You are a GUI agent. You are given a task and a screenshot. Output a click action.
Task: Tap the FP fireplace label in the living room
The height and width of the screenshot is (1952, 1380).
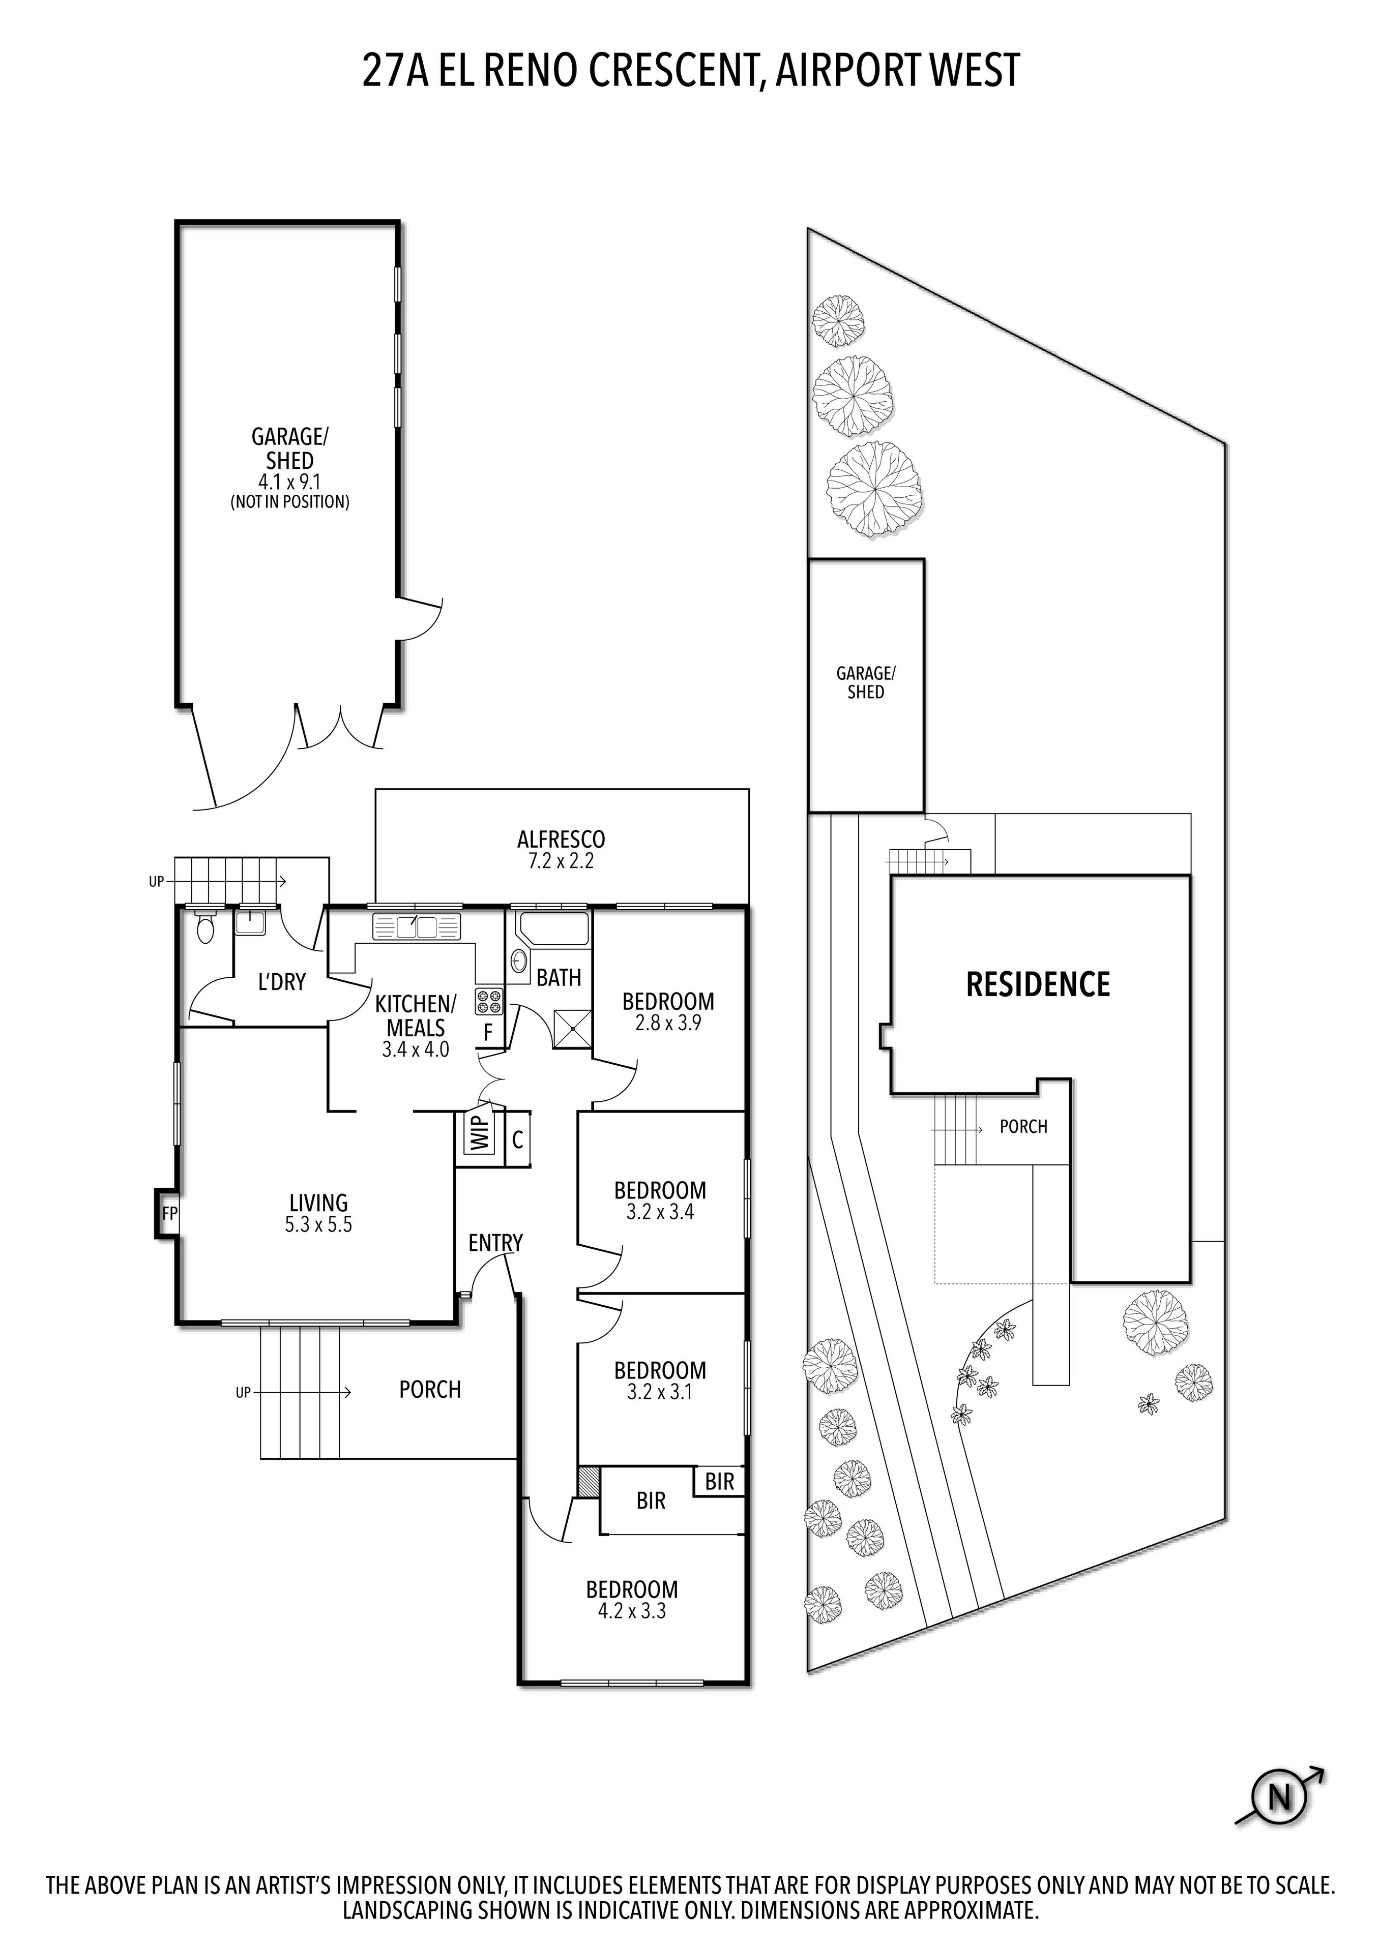coord(169,1213)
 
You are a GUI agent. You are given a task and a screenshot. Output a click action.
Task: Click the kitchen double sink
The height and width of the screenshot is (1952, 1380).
coord(416,927)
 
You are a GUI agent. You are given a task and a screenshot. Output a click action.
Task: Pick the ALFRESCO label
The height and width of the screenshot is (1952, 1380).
coord(561,839)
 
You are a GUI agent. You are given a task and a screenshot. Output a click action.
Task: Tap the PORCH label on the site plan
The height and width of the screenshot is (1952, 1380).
coord(1023,1126)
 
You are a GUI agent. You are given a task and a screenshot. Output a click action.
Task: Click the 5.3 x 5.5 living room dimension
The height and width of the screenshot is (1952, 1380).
coord(318,1225)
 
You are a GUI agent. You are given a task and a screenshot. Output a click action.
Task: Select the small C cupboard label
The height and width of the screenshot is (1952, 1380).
coord(517,1139)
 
